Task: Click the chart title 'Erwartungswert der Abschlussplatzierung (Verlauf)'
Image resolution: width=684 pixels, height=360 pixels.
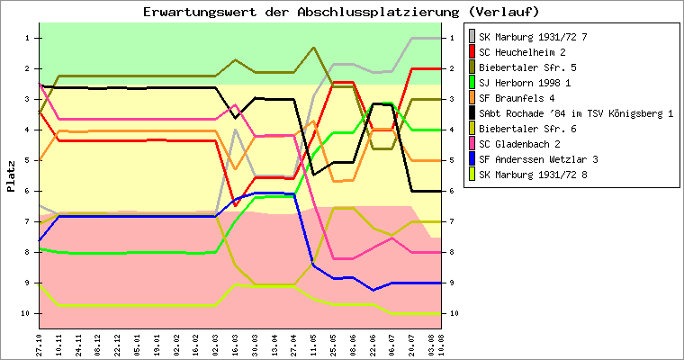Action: [341, 12]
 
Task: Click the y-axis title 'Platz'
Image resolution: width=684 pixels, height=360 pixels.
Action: [11, 176]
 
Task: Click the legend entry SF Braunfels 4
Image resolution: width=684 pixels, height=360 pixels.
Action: [517, 98]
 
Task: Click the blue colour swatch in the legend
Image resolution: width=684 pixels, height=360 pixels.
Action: [471, 159]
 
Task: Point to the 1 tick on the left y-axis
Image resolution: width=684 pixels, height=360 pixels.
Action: [29, 38]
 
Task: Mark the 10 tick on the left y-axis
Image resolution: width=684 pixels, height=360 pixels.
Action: [27, 313]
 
